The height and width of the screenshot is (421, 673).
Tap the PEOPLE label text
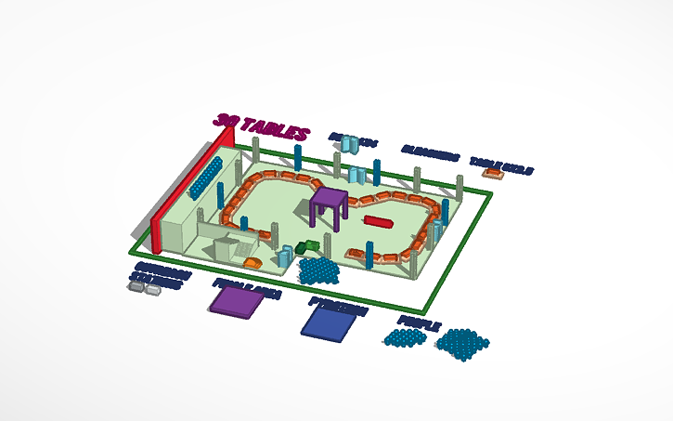pos(418,322)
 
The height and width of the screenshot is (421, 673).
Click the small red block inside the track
pos(378,221)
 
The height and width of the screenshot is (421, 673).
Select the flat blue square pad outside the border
pos(331,321)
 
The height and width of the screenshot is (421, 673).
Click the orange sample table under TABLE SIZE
pos(492,173)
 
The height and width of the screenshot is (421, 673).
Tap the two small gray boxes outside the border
pos(145,289)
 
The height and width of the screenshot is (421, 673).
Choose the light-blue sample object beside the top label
pos(348,144)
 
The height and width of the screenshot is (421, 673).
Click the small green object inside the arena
pos(308,247)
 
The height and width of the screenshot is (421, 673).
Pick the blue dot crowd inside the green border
pos(319,270)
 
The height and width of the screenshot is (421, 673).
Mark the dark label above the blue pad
pos(337,301)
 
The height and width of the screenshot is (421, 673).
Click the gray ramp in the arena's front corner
pos(228,250)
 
